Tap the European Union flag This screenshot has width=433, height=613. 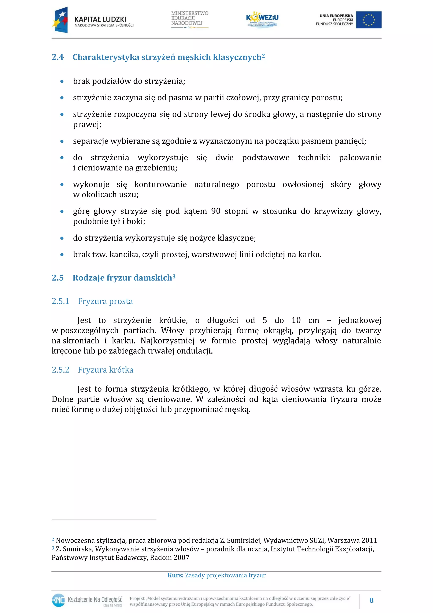tap(369, 20)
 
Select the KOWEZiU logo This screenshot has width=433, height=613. tap(262, 19)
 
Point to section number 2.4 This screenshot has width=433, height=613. tap(58, 57)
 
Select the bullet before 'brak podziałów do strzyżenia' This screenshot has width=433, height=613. tap(62, 81)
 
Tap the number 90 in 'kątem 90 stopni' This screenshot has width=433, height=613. tap(216, 211)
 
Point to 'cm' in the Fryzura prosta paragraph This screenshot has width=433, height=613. tap(314, 320)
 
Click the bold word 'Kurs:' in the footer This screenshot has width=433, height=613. tap(175, 575)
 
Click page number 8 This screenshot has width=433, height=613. tap(371, 601)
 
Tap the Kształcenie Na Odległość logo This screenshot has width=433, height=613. tap(87, 601)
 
